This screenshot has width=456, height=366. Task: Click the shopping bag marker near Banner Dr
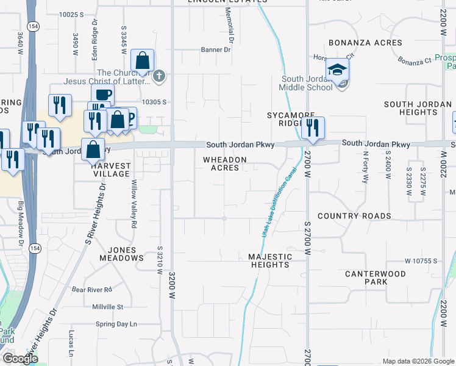point(142,61)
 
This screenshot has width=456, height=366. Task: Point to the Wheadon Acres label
point(224,163)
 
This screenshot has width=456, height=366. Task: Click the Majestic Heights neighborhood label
point(270,260)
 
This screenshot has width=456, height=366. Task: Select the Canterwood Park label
point(375,278)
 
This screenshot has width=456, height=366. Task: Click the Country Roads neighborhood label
point(354,216)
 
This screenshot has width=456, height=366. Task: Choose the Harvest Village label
point(110,170)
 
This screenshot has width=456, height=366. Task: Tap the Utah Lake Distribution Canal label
point(274,201)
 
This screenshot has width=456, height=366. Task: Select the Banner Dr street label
point(216,50)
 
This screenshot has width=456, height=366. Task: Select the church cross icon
point(159,76)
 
